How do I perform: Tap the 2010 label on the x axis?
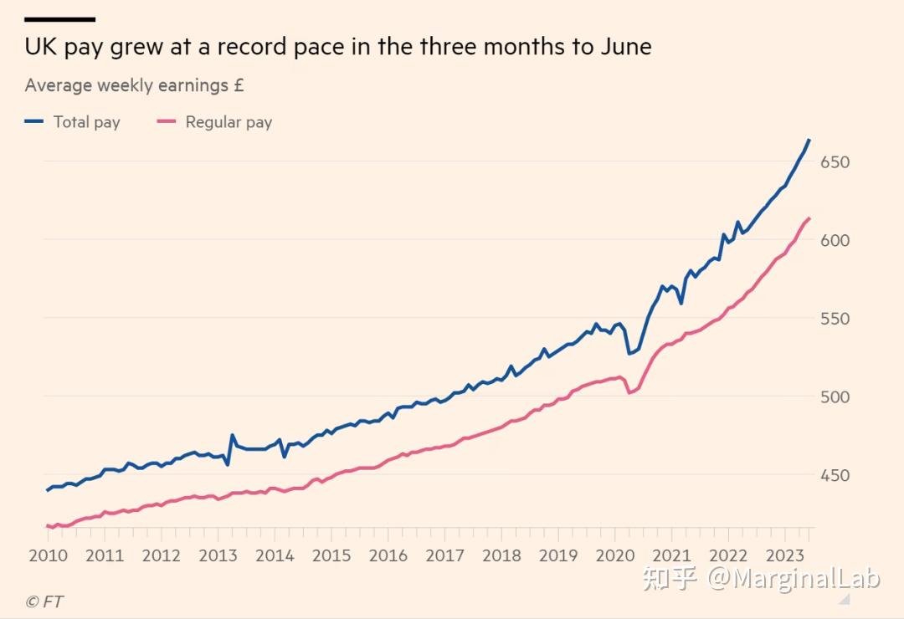click(48, 555)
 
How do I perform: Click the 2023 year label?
click(785, 555)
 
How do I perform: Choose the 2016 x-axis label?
click(388, 555)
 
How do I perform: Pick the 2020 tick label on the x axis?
click(615, 555)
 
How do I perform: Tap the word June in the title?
click(624, 47)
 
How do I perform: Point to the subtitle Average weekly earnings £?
click(134, 85)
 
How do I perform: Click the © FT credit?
click(44, 601)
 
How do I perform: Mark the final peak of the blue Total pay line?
click(809, 140)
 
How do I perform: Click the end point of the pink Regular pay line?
click(809, 218)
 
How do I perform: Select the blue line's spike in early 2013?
click(232, 435)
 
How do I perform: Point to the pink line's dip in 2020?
click(629, 392)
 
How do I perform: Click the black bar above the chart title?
click(59, 18)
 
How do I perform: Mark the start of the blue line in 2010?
click(47, 490)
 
